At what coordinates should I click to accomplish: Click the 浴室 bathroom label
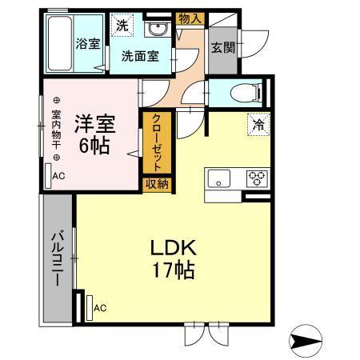pyautogui.click(x=88, y=44)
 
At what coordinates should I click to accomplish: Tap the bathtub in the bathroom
pyautogui.click(x=61, y=44)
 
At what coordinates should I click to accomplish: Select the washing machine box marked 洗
pyautogui.click(x=122, y=25)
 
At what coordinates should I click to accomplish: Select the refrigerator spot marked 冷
pyautogui.click(x=258, y=124)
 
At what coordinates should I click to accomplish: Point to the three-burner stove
pyautogui.click(x=257, y=178)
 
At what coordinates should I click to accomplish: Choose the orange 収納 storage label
pyautogui.click(x=156, y=184)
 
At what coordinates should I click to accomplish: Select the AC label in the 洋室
pyautogui.click(x=59, y=176)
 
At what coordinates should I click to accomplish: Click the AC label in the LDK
pyautogui.click(x=100, y=307)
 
